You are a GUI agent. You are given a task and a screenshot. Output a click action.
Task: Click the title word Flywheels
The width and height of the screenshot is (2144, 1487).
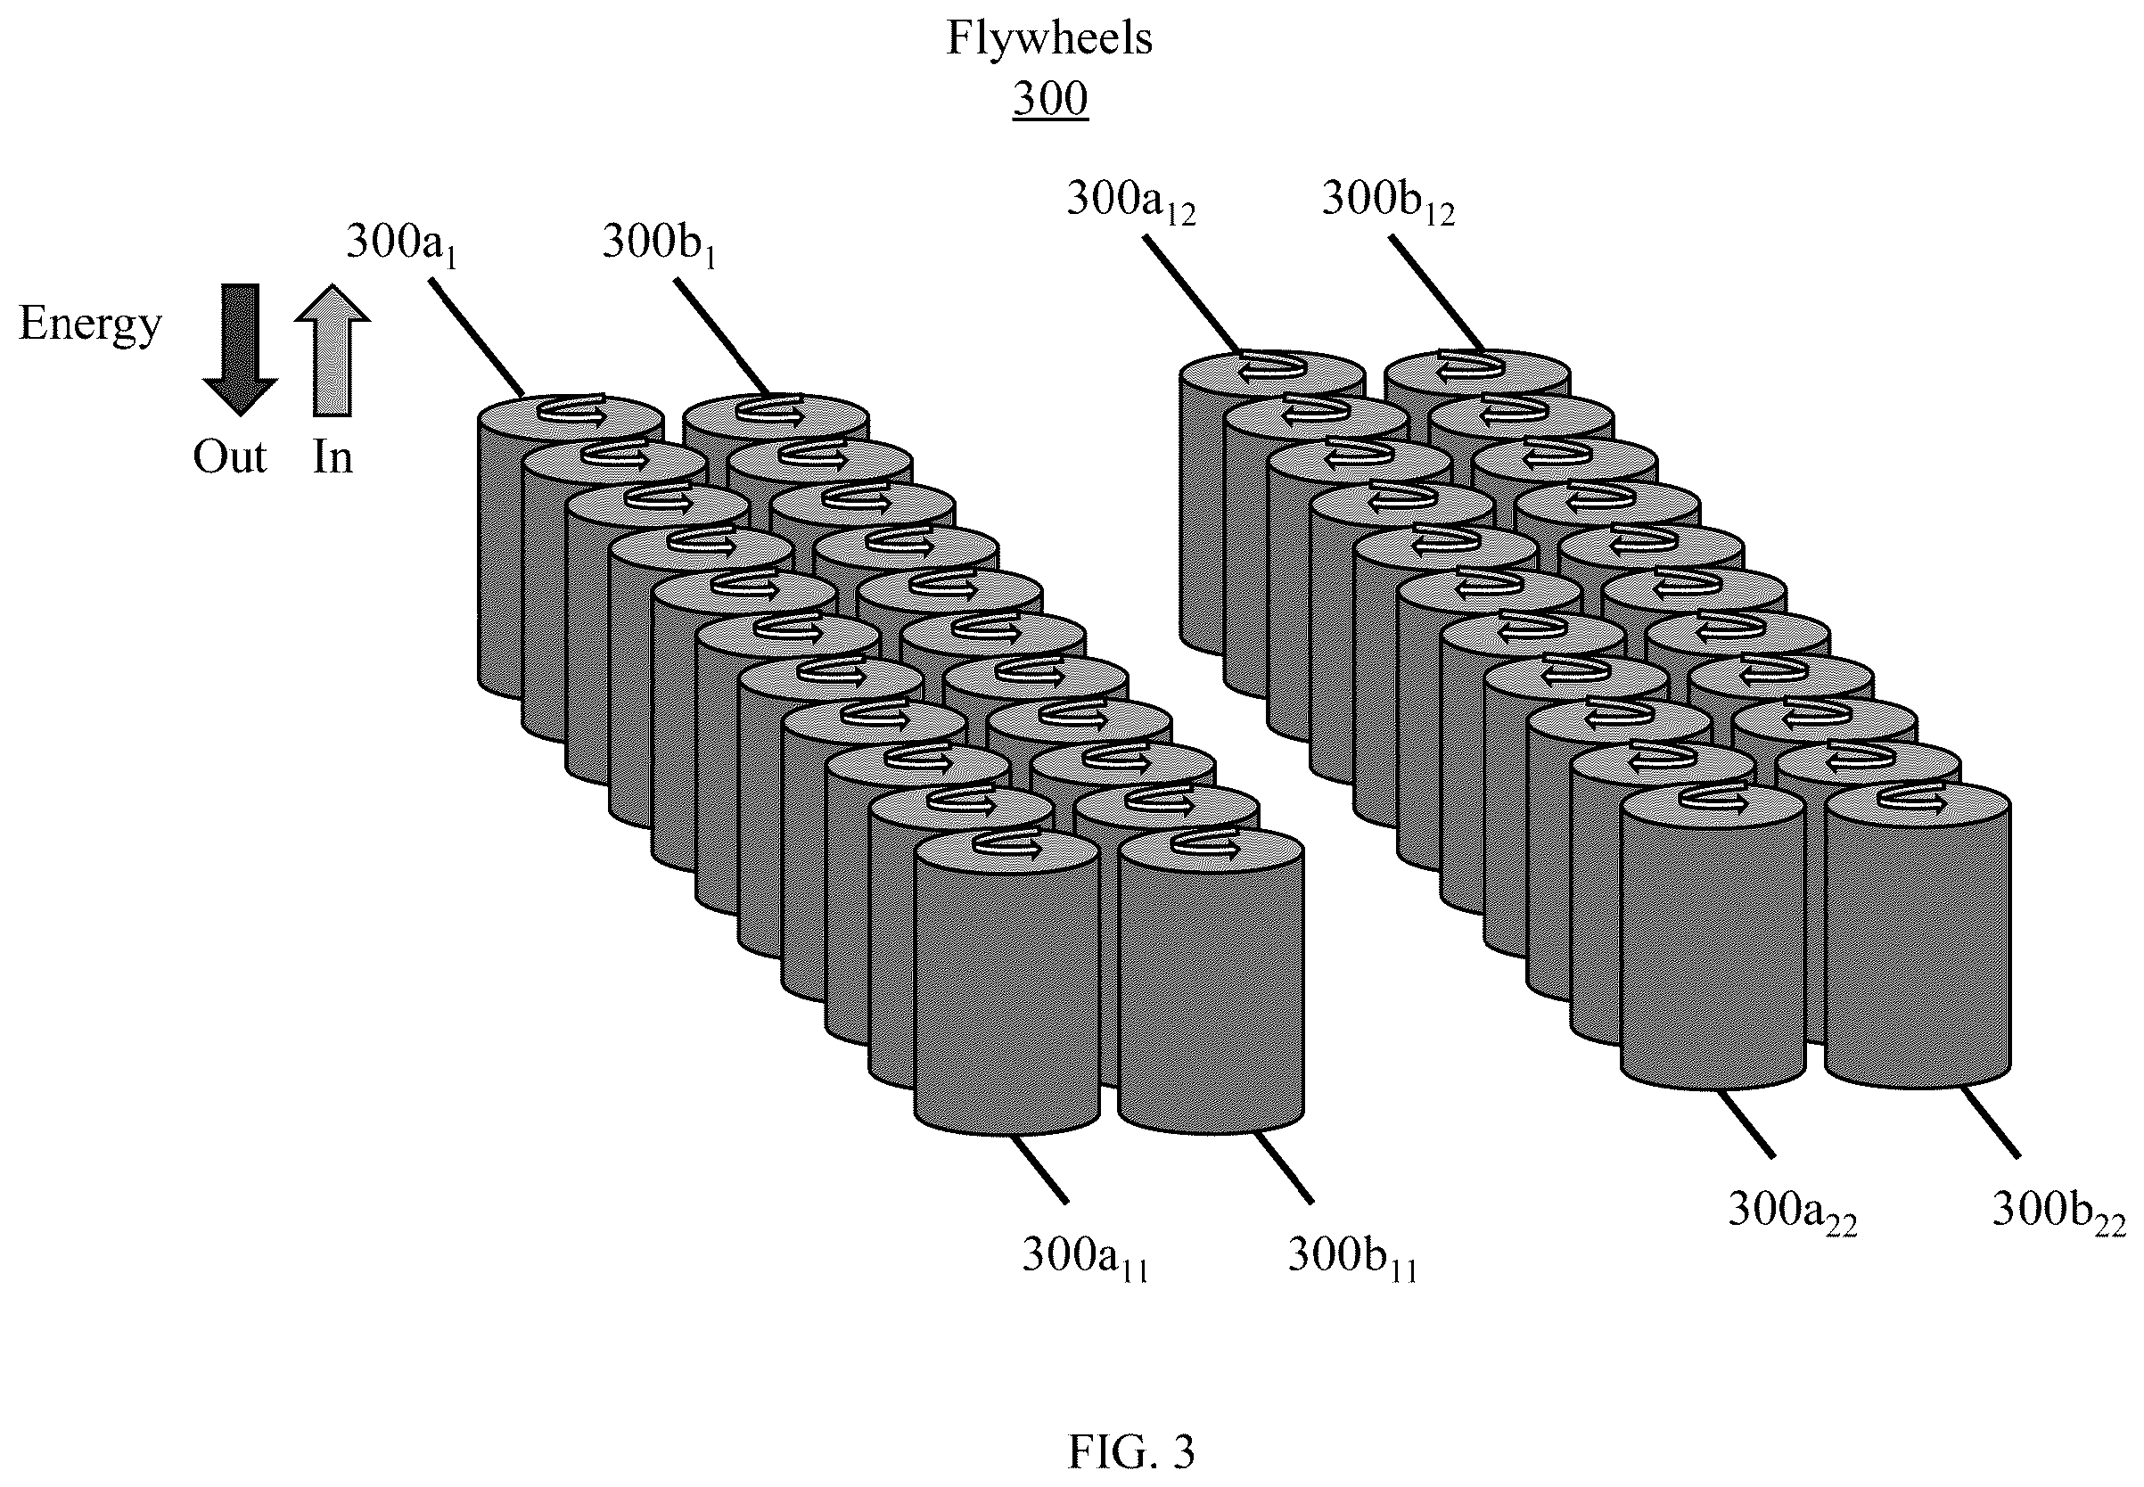coord(1049,39)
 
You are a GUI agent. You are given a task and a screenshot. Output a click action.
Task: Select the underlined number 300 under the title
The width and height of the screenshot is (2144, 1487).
coord(1050,98)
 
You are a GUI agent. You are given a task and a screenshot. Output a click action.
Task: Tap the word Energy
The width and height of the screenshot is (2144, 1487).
coord(90,325)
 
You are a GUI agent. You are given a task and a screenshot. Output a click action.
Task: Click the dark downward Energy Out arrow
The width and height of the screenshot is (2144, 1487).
coord(241,349)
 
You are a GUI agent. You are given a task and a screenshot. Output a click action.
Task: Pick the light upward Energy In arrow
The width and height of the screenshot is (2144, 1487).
coord(333,349)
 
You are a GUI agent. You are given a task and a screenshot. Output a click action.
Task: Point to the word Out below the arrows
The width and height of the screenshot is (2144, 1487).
coord(230,456)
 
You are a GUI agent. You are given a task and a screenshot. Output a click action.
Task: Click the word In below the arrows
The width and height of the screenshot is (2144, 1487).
coord(333,456)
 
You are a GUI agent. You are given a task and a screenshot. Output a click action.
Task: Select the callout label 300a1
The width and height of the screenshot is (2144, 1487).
coord(401,244)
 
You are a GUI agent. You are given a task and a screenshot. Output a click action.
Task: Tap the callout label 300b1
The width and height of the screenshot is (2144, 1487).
coord(659,244)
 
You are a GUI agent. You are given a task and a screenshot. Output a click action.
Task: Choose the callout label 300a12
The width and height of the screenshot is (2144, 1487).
coord(1130,201)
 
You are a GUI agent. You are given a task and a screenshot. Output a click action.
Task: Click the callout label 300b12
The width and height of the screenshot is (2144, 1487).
coord(1387,201)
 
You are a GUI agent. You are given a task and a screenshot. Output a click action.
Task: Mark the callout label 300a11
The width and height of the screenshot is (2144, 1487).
coord(1085,1257)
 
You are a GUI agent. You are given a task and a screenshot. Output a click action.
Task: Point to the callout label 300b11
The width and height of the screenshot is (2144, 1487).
coord(1352,1257)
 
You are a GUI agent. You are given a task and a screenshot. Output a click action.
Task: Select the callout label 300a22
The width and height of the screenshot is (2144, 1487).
coord(1793,1211)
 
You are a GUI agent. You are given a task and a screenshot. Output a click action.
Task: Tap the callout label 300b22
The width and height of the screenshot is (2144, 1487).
coord(2059,1211)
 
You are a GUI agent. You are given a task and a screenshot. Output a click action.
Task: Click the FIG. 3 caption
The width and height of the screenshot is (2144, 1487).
coord(1130,1450)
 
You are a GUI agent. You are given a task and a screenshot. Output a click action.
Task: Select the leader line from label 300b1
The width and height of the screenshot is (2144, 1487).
coord(723,337)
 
